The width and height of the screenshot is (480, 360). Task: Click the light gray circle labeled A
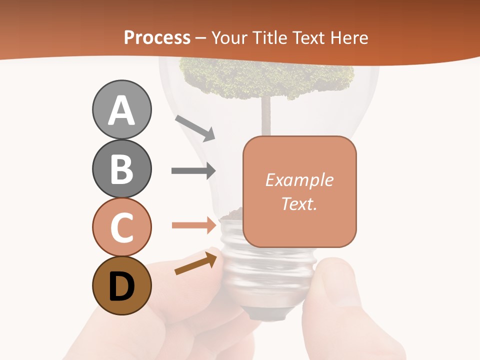[x=121, y=109]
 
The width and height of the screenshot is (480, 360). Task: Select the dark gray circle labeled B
[x=121, y=168]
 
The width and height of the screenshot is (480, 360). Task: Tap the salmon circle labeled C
[x=121, y=227]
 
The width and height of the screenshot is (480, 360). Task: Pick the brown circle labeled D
[x=121, y=285]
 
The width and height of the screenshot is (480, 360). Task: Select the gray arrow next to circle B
[x=193, y=170]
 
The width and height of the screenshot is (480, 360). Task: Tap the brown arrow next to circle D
[x=196, y=263]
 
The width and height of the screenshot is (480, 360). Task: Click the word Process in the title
[x=157, y=37]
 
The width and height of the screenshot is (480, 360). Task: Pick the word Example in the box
[x=299, y=180]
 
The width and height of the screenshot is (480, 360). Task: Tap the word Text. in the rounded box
[x=299, y=203]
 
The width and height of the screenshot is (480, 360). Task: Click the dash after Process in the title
[x=201, y=38]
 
